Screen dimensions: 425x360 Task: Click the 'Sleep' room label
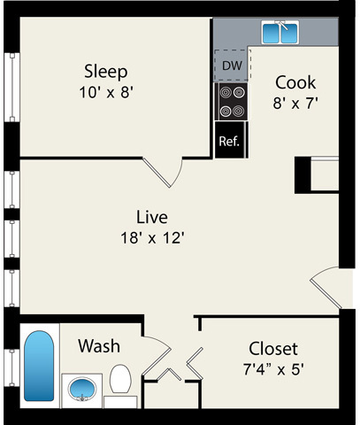pyautogui.click(x=105, y=71)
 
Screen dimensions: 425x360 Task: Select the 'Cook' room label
pyautogui.click(x=295, y=82)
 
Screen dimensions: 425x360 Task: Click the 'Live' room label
pyautogui.click(x=151, y=217)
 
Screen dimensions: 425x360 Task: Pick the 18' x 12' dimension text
pyautogui.click(x=152, y=236)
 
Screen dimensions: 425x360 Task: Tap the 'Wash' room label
pyautogui.click(x=98, y=345)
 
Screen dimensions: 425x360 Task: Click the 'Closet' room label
pyautogui.click(x=272, y=348)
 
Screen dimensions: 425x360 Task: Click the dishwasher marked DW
pyautogui.click(x=231, y=66)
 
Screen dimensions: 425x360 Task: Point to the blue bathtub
pyautogui.click(x=39, y=365)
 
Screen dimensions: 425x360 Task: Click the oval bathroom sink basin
pyautogui.click(x=82, y=389)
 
